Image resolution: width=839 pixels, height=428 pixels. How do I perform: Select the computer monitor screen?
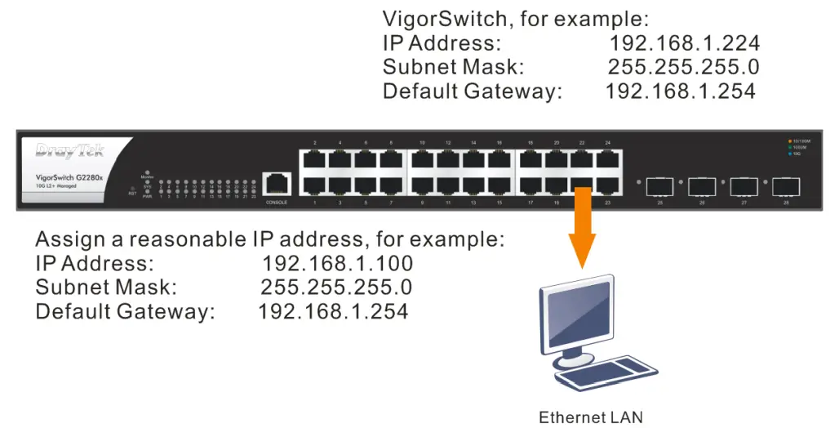point(575,314)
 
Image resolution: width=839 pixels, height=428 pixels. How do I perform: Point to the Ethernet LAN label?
point(590,417)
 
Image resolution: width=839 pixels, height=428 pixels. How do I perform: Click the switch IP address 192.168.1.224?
point(684,43)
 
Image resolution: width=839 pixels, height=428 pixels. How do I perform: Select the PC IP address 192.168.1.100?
point(337,264)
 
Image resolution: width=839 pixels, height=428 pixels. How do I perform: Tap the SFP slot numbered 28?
point(785,185)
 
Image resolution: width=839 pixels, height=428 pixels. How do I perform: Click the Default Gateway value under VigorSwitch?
point(680,91)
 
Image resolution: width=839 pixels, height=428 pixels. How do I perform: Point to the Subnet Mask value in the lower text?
point(335,288)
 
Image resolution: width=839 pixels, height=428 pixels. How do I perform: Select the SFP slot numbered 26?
point(702,185)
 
